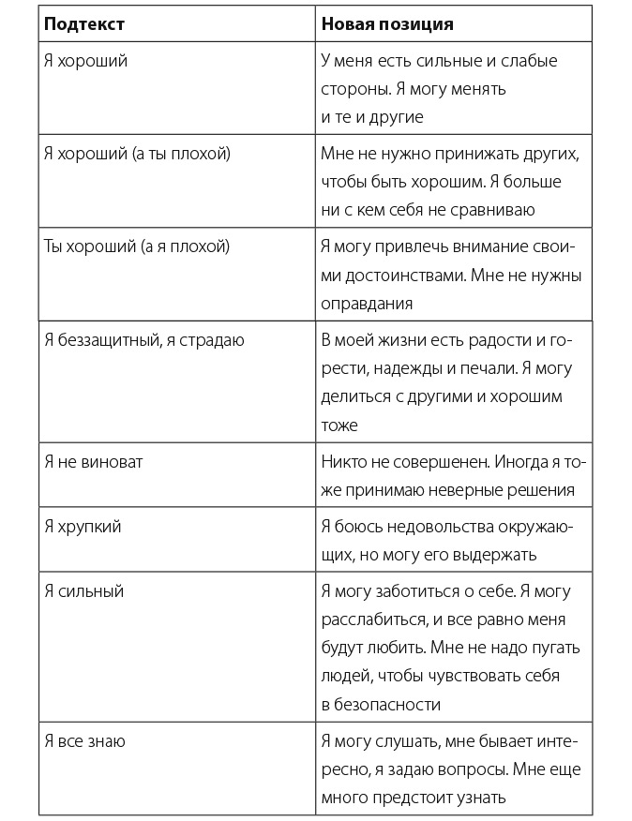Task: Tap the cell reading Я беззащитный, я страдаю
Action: (x=144, y=340)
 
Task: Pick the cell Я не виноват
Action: (x=94, y=462)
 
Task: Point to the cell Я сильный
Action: (x=83, y=591)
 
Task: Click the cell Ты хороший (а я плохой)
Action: (x=137, y=246)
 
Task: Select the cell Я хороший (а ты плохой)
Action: (x=137, y=153)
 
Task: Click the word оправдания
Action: (x=366, y=304)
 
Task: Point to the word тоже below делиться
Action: (x=339, y=425)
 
